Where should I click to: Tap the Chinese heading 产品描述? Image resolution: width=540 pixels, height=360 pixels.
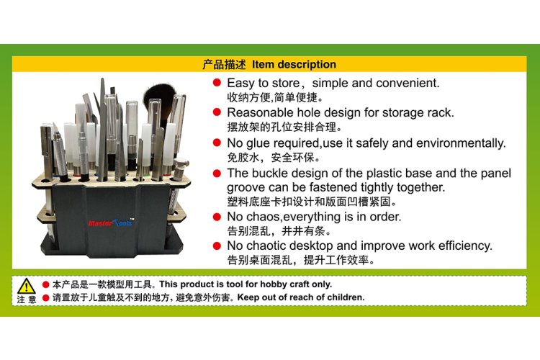coord(225,65)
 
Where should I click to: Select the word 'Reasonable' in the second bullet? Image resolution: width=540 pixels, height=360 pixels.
coord(258,113)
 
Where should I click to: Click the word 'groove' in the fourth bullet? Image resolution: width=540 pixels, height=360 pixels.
coord(248,187)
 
